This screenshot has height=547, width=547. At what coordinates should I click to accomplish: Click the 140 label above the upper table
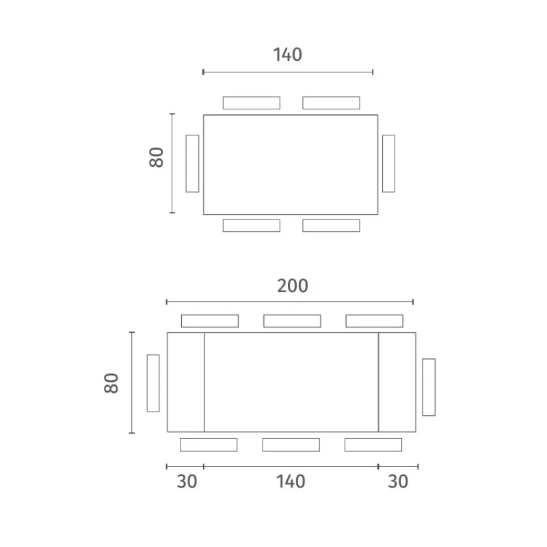click(287, 55)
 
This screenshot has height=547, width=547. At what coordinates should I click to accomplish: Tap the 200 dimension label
click(293, 286)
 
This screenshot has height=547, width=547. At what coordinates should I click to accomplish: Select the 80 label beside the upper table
click(157, 157)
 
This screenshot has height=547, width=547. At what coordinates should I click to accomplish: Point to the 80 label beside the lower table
click(111, 383)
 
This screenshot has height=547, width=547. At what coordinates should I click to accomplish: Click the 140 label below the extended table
click(291, 481)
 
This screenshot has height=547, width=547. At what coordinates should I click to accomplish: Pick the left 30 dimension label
click(187, 481)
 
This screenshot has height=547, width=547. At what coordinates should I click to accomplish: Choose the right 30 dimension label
click(398, 481)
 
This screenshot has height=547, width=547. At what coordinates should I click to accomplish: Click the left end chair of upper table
click(192, 163)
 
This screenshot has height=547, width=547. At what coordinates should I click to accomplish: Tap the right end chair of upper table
click(388, 163)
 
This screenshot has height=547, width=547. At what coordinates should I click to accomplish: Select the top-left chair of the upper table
click(252, 103)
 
